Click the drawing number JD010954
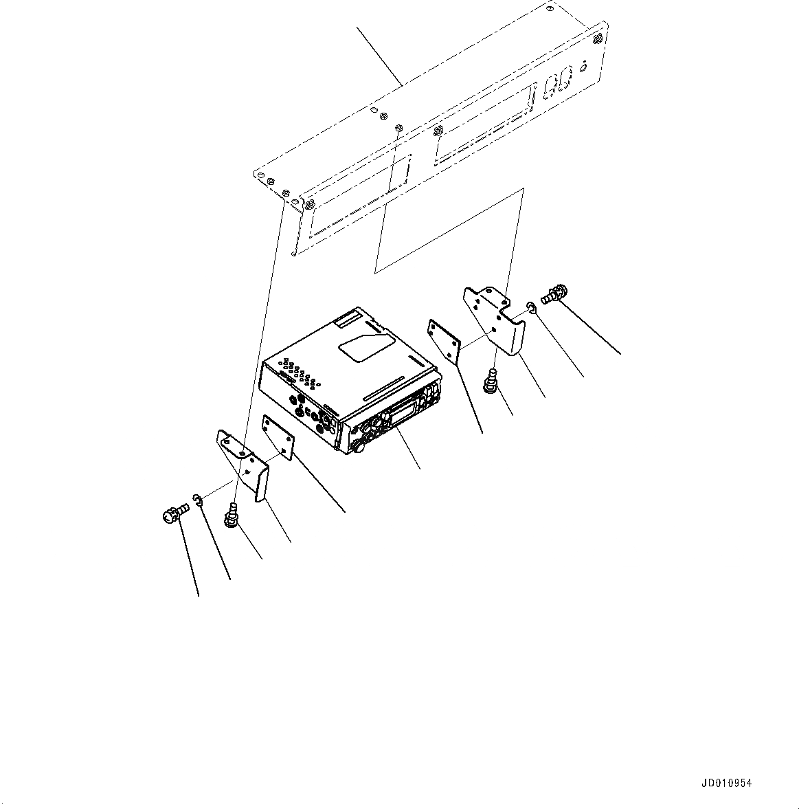coord(727,784)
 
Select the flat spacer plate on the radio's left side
coord(278,437)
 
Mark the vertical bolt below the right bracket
coord(492,381)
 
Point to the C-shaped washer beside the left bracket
coord(197,502)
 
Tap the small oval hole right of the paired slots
coord(583,67)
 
